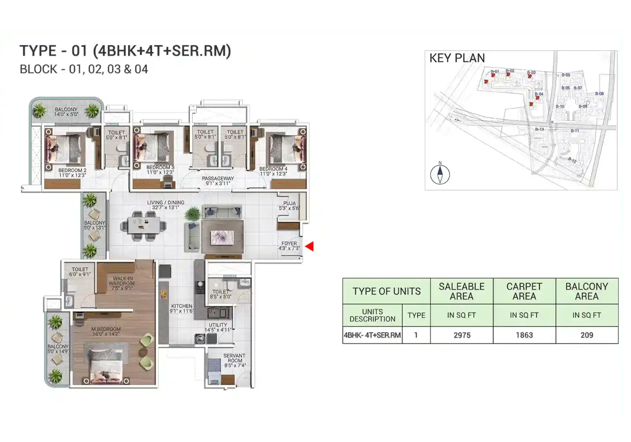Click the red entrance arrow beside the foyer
[x=310, y=246]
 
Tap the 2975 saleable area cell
[x=462, y=335]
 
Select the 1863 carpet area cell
[x=524, y=335]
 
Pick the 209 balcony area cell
[x=587, y=335]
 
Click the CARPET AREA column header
[x=524, y=291]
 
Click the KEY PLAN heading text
[x=457, y=58]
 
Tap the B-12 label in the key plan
[x=572, y=160]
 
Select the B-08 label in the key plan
[x=599, y=94]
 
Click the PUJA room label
[x=289, y=206]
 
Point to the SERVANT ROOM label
[x=235, y=361]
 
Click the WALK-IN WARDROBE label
[x=122, y=283]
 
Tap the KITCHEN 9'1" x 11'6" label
[x=181, y=308]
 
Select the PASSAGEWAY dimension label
[x=218, y=181]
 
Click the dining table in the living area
[x=144, y=226]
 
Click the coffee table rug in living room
[x=222, y=237]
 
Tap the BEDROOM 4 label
[x=273, y=171]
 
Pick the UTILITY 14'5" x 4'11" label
[x=218, y=327]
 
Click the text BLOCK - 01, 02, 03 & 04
[x=84, y=69]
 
